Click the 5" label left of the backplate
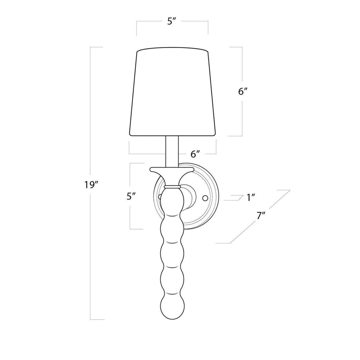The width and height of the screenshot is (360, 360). pyautogui.click(x=131, y=196)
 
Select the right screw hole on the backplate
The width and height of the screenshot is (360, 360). pyautogui.click(x=205, y=198)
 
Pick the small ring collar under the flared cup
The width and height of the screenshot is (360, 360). pyautogui.click(x=172, y=187)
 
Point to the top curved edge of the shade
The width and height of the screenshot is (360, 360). pyautogui.click(x=172, y=48)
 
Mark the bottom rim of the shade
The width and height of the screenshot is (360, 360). pyautogui.click(x=172, y=134)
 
